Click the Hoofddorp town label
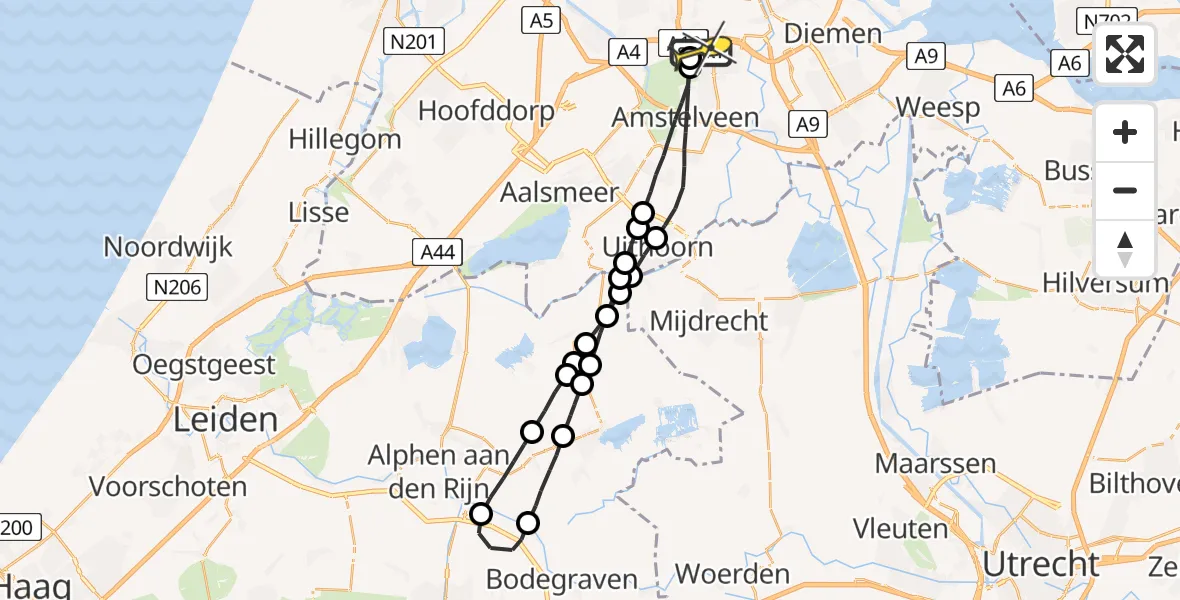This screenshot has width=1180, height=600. click(x=486, y=110)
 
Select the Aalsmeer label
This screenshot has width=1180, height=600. click(x=561, y=193)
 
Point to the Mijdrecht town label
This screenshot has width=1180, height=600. click(x=708, y=321)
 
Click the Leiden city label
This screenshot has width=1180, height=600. click(x=226, y=419)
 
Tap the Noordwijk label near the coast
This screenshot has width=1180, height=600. click(x=168, y=247)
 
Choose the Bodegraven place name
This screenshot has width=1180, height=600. click(x=561, y=579)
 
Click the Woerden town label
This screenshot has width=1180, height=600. click(x=732, y=575)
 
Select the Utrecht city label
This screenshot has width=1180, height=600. click(x=1040, y=564)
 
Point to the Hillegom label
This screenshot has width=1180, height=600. click(x=345, y=139)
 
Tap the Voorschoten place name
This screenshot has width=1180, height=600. click(x=168, y=487)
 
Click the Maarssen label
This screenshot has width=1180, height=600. click(x=935, y=464)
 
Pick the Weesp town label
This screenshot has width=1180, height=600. click(x=937, y=107)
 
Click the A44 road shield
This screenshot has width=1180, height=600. click(x=437, y=254)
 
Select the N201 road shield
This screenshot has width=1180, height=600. click(x=414, y=41)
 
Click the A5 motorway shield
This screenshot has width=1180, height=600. click(x=538, y=19)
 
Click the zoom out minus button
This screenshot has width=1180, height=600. click(x=1125, y=190)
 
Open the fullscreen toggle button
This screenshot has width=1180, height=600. click(x=1125, y=54)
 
